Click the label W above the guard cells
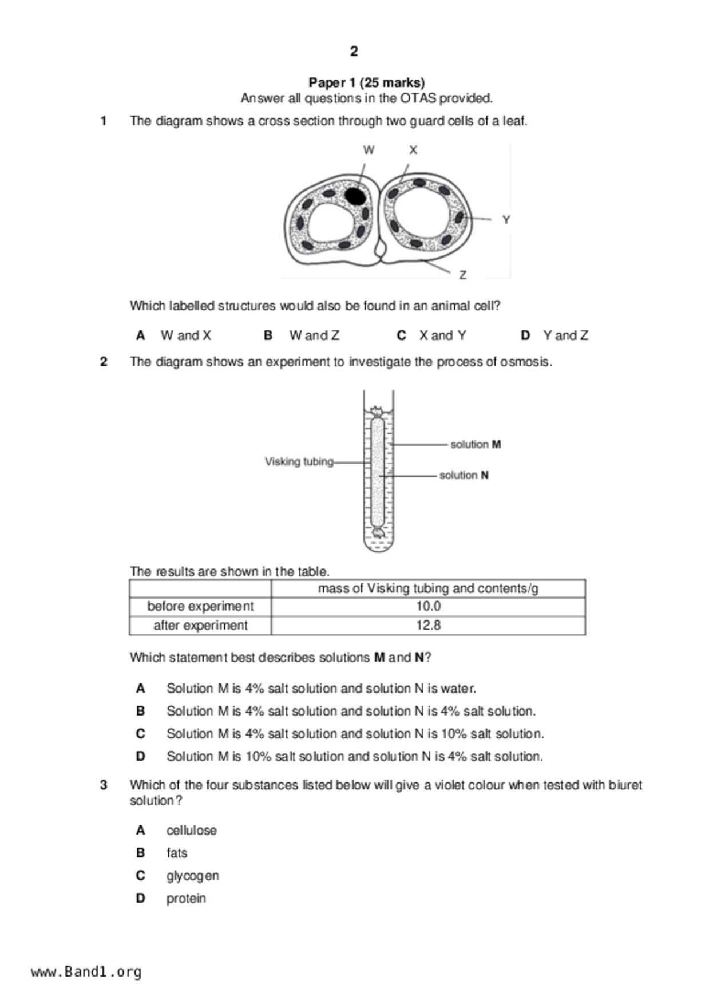tap(369, 150)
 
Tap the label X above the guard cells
tap(413, 150)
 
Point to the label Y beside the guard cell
tap(506, 220)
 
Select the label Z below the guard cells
tap(462, 275)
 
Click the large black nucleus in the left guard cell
tap(355, 196)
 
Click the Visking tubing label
tap(299, 461)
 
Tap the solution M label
tap(476, 444)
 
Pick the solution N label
tap(464, 475)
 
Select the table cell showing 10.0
tap(428, 606)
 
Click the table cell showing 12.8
tap(428, 625)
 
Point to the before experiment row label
tap(200, 606)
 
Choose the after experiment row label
tap(200, 625)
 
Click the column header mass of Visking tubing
tap(428, 588)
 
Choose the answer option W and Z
tap(314, 335)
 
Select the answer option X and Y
tap(442, 335)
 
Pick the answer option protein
tap(186, 898)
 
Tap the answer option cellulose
tap(191, 830)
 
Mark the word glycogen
tap(192, 876)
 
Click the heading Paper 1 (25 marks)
tap(366, 82)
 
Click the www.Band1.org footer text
tap(86, 972)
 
